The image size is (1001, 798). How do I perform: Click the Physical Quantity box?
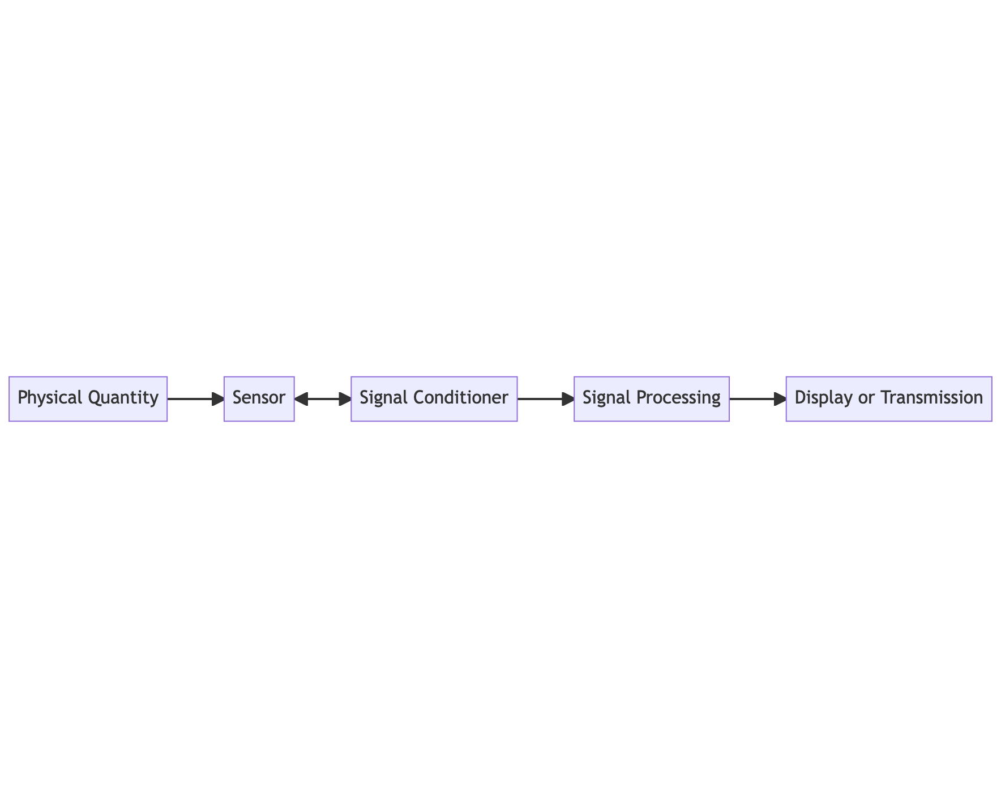[x=88, y=399]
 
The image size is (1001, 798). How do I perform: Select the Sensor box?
[x=259, y=399]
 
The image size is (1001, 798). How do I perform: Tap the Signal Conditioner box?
[x=434, y=399]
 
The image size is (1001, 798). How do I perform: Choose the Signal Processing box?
[x=652, y=399]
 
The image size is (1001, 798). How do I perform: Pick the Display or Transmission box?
[x=889, y=399]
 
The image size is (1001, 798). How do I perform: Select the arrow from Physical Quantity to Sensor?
[x=196, y=399]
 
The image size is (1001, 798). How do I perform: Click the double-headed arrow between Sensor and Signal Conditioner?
[x=323, y=399]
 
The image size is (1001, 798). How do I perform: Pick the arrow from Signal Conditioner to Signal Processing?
[x=546, y=399]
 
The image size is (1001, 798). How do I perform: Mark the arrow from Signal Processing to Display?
[x=758, y=399]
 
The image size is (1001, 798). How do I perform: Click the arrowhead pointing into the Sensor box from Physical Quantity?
[x=219, y=399]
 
